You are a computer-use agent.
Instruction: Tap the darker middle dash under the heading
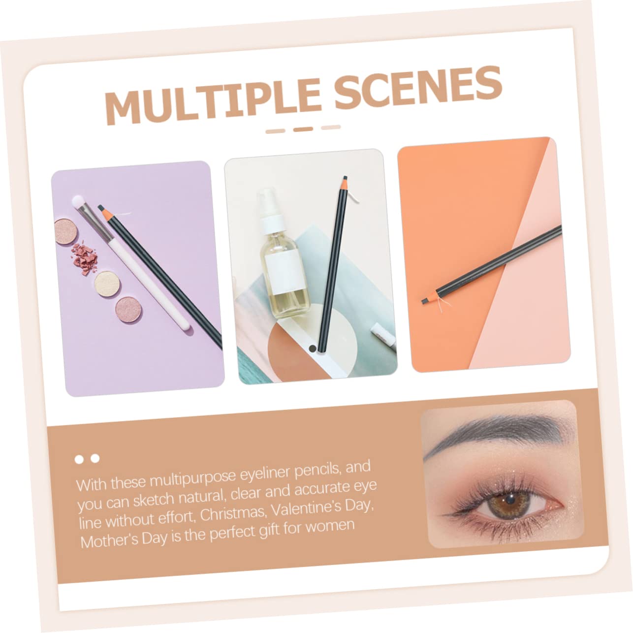[303, 129]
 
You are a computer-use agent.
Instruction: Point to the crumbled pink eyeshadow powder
[85, 258]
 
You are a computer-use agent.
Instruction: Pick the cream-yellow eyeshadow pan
[106, 283]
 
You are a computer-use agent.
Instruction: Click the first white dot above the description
[79, 459]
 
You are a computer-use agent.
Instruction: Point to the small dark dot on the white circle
[313, 348]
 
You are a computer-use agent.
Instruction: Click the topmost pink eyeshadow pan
[65, 231]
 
